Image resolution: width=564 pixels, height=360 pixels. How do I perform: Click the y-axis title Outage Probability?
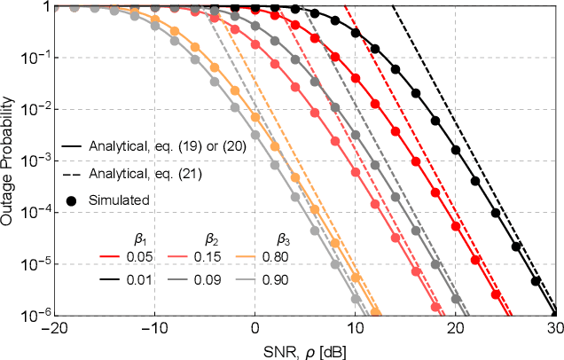click(x=8, y=160)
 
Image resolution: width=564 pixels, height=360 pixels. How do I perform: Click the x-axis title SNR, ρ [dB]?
click(x=304, y=350)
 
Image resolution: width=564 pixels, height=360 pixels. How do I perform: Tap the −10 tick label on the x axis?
click(x=154, y=327)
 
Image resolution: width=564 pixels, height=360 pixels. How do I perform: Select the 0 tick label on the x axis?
click(x=255, y=327)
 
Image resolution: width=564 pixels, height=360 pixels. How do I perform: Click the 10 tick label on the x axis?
click(x=355, y=327)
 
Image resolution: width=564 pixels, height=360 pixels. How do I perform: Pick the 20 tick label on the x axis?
click(x=455, y=327)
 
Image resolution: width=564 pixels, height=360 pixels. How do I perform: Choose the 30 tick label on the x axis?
click(x=554, y=327)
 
